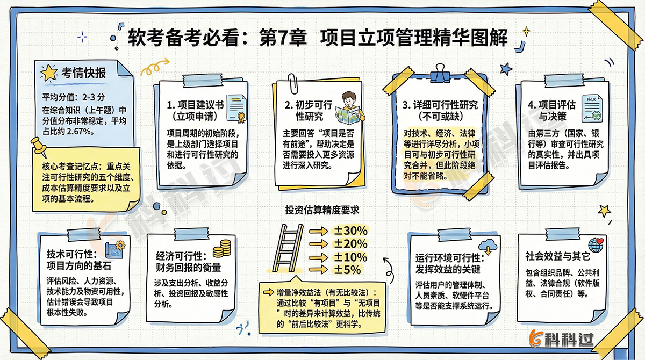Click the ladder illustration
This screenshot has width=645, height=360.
pyautogui.click(x=291, y=249)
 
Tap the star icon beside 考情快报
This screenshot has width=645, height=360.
pyautogui.click(x=49, y=73)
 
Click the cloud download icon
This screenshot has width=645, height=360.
pyautogui.click(x=488, y=245)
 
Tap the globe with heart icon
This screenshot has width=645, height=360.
pyautogui.click(x=597, y=245)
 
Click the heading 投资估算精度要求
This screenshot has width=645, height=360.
pyautogui.click(x=322, y=210)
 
